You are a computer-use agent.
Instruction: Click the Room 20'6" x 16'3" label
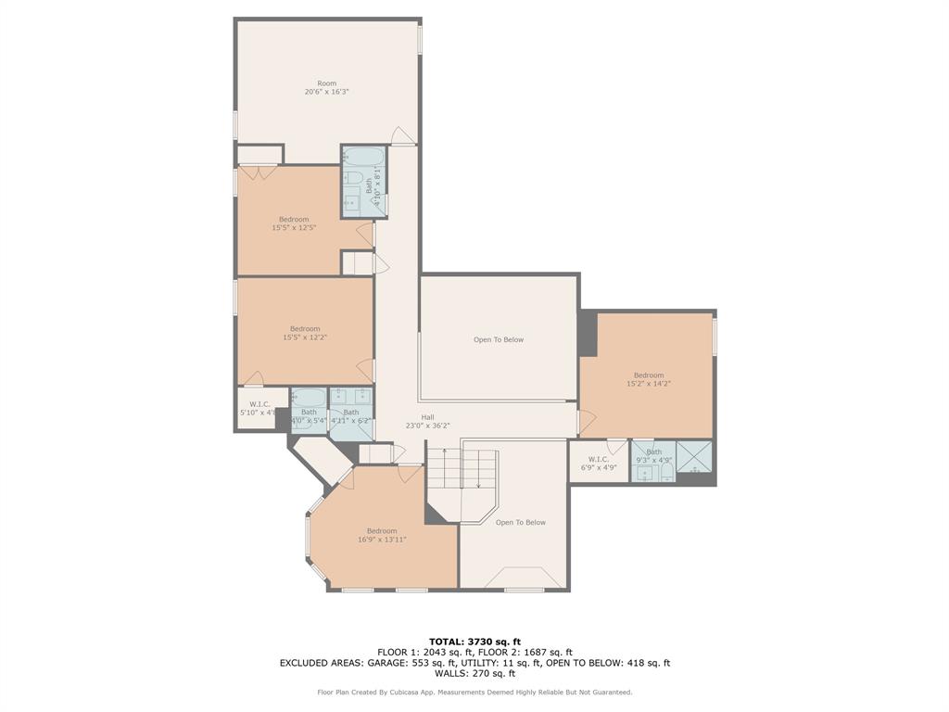[326, 88]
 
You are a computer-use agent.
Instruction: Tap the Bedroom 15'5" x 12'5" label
[294, 223]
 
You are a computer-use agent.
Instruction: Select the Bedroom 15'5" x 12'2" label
[305, 333]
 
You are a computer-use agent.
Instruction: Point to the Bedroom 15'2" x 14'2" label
[648, 379]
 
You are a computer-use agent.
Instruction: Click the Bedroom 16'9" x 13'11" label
[382, 535]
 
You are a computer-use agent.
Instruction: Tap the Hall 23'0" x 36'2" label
[427, 422]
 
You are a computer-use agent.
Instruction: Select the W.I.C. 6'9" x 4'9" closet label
[598, 464]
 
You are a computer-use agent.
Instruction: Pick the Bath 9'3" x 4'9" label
[654, 456]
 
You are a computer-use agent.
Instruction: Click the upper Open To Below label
[499, 340]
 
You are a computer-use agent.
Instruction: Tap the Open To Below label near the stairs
[520, 523]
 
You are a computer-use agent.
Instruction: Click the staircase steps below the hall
[461, 469]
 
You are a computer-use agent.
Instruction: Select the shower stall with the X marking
[694, 457]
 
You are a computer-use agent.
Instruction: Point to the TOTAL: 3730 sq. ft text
[474, 642]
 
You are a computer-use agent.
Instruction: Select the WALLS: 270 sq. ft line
[474, 674]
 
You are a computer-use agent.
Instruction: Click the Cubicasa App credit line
[474, 693]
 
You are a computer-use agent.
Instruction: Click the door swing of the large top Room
[401, 136]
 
